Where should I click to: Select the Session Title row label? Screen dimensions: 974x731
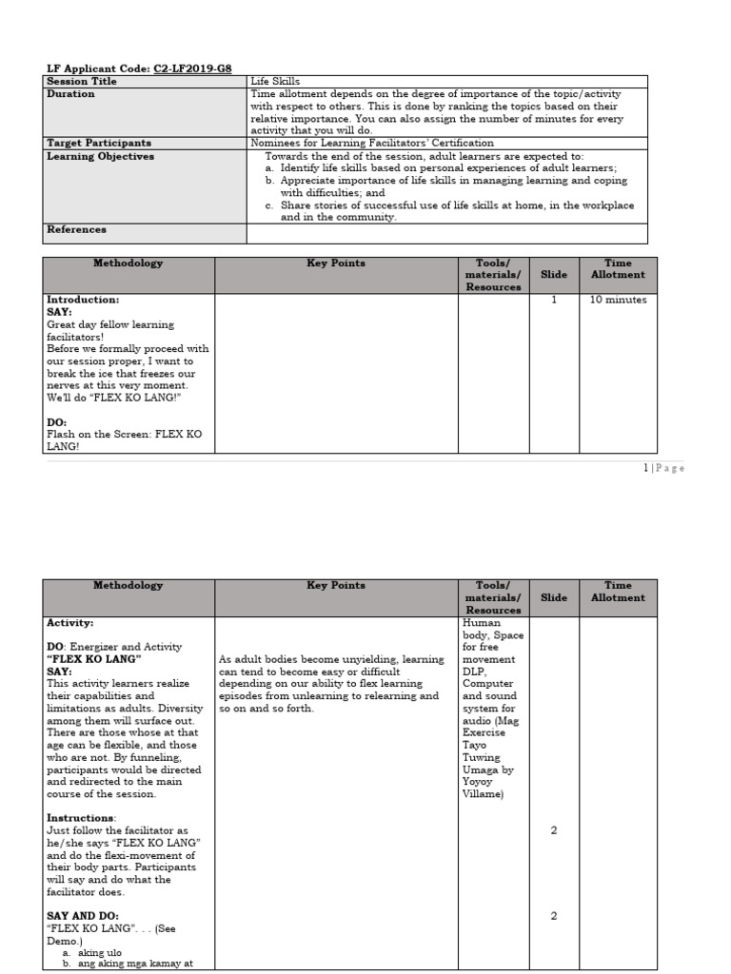(78, 82)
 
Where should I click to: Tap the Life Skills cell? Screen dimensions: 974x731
(274, 82)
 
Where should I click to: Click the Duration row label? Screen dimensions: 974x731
(71, 94)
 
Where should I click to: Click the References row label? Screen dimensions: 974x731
(76, 229)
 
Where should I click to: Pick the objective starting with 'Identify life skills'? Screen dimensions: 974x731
(447, 168)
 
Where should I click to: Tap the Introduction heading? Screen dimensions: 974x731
(83, 300)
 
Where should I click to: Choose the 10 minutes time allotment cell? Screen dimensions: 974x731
(618, 300)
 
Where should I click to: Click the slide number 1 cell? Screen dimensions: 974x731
(554, 300)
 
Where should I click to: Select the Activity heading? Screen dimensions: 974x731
(70, 623)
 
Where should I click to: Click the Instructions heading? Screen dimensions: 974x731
(81, 818)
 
